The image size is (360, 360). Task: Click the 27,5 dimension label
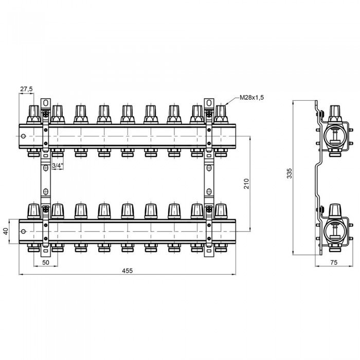coord(26,89)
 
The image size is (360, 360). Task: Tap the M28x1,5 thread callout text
coord(251,98)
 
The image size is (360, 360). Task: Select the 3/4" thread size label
coord(58,165)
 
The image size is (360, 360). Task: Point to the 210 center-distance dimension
coord(246,184)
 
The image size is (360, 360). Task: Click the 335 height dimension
coord(290,173)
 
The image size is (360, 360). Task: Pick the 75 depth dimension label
coord(334,262)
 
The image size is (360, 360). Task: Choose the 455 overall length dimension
coord(127,271)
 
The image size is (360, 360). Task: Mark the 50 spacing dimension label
coord(46,262)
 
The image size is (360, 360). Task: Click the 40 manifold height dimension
coord(6,231)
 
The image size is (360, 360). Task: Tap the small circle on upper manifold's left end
coord(23,136)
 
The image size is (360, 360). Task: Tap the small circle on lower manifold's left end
coord(23,231)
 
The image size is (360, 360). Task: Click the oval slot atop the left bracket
coord(46,103)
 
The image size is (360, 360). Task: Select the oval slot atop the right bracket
coord(209,103)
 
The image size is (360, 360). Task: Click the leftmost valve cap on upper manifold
coord(34,114)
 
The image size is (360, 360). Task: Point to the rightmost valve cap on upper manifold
coord(221,114)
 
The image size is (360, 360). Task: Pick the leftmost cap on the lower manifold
coord(34,211)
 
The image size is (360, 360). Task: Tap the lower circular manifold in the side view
coord(335,232)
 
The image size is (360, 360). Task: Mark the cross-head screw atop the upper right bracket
coord(209,114)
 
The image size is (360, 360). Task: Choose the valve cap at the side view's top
coord(335,114)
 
